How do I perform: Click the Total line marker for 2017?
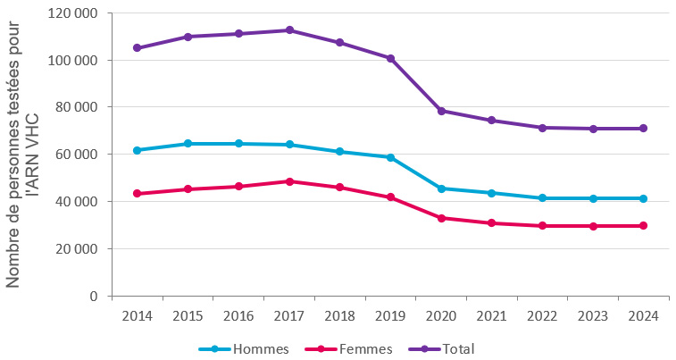[x=289, y=30]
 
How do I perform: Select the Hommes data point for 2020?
[x=441, y=188]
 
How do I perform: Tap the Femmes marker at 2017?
[x=289, y=181]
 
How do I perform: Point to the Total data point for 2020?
[x=441, y=111]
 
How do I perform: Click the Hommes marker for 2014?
[x=137, y=150]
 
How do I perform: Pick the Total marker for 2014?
[x=137, y=48]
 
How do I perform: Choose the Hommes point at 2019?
[x=390, y=157]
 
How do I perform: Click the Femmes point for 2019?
[x=390, y=197]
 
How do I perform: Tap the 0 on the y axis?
[x=95, y=296]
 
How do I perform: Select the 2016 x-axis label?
[x=238, y=316]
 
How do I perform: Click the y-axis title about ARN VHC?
[x=23, y=154]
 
